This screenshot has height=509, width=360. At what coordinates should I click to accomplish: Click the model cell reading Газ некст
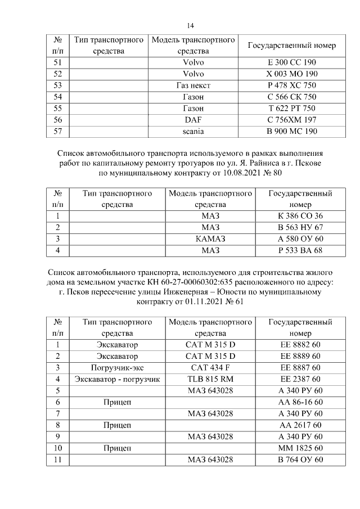pos(193,85)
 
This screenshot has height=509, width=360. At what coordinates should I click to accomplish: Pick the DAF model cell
pos(193,120)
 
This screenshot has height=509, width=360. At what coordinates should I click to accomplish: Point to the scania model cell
pos(193,132)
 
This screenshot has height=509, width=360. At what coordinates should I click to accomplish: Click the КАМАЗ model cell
pos(210,238)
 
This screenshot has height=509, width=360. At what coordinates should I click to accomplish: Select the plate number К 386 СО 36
pos(300,215)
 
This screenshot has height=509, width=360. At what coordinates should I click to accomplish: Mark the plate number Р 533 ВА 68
pos(300,250)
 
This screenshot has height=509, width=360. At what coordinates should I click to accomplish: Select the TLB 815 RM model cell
pos(210,379)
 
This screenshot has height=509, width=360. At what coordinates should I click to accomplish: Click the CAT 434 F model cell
pos(210,367)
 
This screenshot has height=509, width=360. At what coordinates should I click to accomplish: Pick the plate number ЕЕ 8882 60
pos(300,344)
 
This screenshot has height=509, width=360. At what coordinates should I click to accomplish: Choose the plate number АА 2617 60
pos(300,425)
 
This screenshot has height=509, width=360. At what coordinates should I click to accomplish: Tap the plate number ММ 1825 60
pos(300,448)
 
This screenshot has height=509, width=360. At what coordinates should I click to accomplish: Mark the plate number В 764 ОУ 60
pos(300,460)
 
